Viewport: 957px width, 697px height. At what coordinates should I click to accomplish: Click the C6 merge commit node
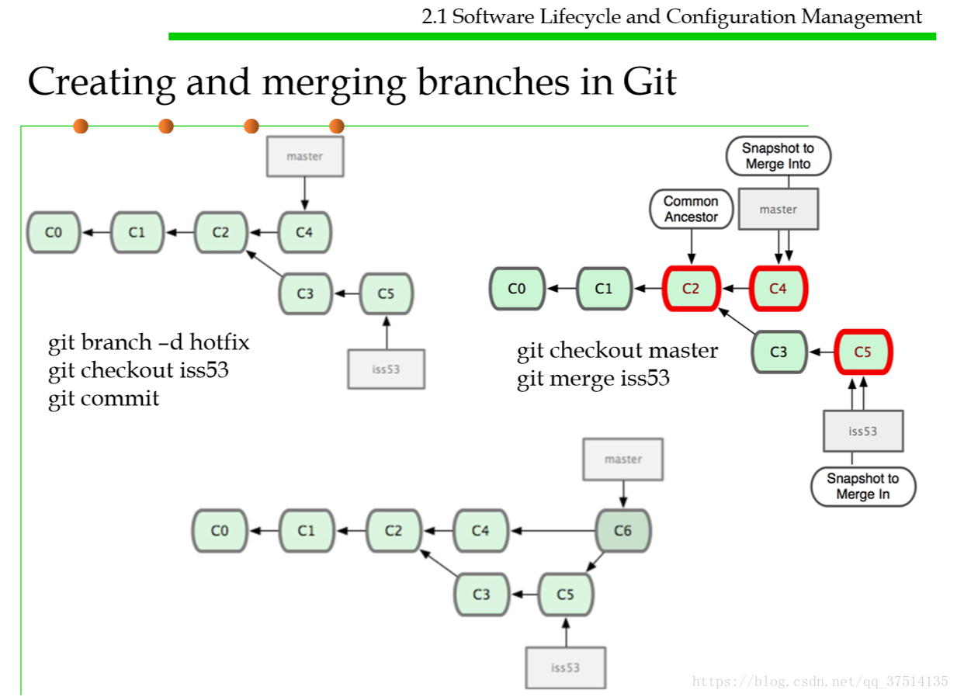(622, 531)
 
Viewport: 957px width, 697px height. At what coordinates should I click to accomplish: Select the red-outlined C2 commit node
(691, 289)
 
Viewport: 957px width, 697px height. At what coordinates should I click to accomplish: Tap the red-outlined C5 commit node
(863, 352)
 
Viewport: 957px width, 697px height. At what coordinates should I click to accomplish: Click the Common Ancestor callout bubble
(691, 210)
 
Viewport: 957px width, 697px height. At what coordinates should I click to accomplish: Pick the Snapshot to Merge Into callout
(778, 156)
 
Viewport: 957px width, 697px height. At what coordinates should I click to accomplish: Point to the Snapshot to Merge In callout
(862, 487)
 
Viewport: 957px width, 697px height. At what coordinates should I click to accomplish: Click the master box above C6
(623, 459)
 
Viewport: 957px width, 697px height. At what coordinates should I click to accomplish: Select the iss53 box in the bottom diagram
(565, 668)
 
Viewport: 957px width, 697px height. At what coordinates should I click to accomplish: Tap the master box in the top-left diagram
(304, 156)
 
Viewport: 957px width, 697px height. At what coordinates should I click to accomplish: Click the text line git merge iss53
(593, 379)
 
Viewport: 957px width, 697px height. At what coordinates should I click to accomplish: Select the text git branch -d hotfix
(148, 342)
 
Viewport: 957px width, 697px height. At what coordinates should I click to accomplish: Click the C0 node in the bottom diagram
(220, 531)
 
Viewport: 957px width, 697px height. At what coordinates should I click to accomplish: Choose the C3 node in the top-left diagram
(305, 293)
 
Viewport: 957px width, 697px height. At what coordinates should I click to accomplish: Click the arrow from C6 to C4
(551, 531)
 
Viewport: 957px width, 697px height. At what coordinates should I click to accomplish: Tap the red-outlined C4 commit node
(778, 289)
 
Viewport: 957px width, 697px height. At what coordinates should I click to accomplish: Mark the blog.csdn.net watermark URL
(820, 681)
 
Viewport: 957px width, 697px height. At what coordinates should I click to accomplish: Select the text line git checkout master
(617, 351)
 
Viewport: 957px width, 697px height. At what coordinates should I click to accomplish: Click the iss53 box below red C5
(862, 431)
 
